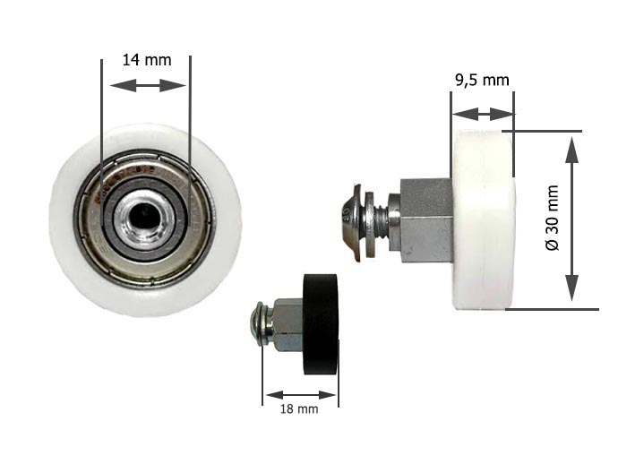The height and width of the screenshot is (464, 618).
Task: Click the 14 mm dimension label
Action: [x=147, y=60]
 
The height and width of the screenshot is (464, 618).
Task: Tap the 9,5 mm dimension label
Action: [x=482, y=80]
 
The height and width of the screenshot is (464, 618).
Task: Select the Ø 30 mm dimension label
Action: [x=553, y=218]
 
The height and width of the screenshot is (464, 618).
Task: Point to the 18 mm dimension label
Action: [x=299, y=409]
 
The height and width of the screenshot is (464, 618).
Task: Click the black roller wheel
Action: [x=321, y=324]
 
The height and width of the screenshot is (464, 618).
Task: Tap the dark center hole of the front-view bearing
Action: [x=144, y=216]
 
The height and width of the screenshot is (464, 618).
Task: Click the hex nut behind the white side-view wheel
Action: [x=426, y=220]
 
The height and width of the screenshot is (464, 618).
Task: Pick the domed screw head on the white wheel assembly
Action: [x=351, y=222]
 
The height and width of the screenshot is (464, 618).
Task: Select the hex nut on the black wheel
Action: [x=288, y=325]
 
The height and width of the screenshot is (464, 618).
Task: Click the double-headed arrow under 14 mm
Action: [x=148, y=85]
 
